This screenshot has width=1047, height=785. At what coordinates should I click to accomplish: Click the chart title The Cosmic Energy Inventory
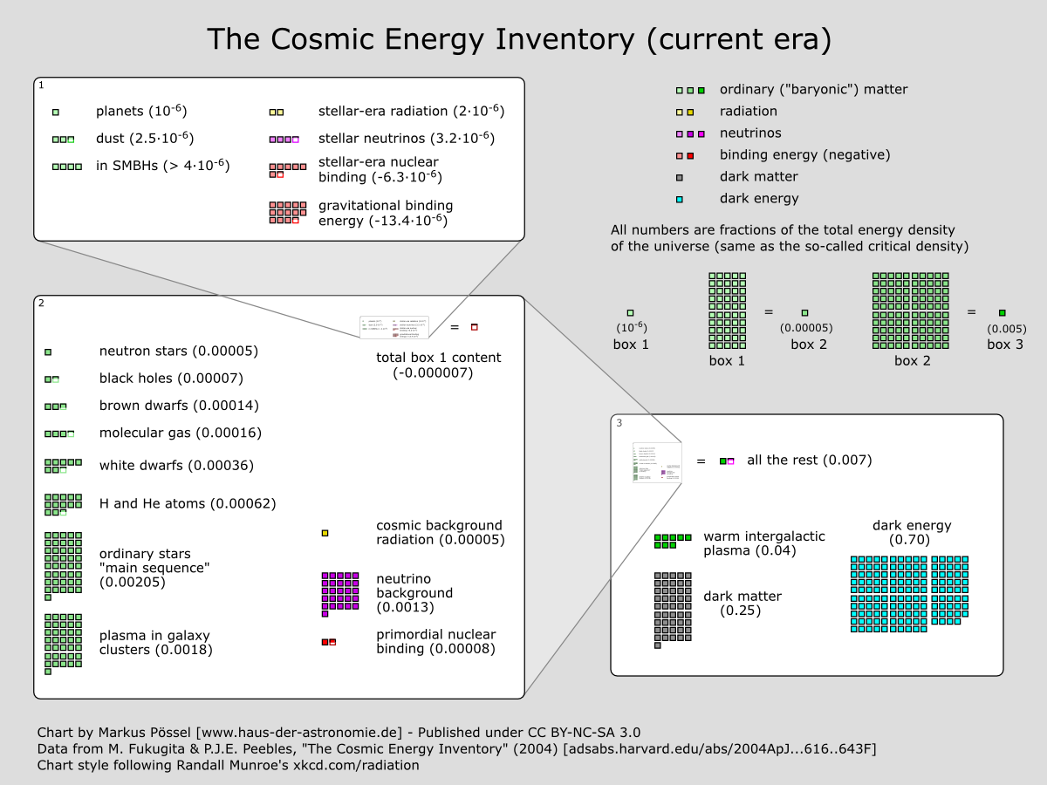518,39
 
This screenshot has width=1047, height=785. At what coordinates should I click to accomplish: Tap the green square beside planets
56,113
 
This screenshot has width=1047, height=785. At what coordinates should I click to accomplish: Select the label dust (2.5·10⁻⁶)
144,139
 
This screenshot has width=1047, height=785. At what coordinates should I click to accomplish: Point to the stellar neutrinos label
406,139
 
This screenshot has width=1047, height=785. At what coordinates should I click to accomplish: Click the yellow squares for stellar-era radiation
276,113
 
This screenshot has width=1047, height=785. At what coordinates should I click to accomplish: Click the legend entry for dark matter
758,177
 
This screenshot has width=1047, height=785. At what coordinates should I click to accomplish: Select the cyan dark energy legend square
679,199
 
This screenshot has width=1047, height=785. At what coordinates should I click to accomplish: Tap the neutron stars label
178,352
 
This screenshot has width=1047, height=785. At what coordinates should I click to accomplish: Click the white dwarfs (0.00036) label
176,466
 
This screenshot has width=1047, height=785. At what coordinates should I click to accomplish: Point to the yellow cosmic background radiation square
325,533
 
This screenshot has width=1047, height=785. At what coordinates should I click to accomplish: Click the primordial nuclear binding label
435,642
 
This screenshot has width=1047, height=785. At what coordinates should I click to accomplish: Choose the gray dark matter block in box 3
672,608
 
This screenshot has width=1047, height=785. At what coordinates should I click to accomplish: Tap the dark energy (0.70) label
911,533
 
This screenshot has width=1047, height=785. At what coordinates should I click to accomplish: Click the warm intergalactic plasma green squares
672,541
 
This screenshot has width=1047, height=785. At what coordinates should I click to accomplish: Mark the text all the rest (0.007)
809,461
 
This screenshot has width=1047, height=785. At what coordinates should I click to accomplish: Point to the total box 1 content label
438,365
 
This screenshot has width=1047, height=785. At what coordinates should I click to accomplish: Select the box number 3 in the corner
619,423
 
